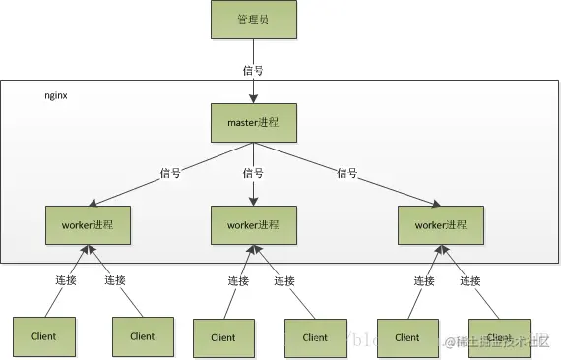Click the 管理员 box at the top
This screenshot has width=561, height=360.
coord(253,20)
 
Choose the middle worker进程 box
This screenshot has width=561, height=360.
coord(254,225)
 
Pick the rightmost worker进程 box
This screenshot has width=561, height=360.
coord(441,224)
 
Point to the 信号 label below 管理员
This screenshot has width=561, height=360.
coord(253,70)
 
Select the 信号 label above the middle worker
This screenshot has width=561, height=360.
coord(253,174)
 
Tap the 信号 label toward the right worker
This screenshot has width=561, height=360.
coord(346,174)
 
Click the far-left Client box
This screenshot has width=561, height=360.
coord(43,335)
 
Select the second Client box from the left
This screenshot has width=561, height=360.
coord(142,335)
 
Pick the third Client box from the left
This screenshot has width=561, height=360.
coord(222,336)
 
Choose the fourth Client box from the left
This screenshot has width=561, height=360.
coord(315,336)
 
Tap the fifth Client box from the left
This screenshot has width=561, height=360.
coord(407,336)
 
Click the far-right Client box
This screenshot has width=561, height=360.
coord(500,336)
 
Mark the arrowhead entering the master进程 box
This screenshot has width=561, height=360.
coord(253,98)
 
